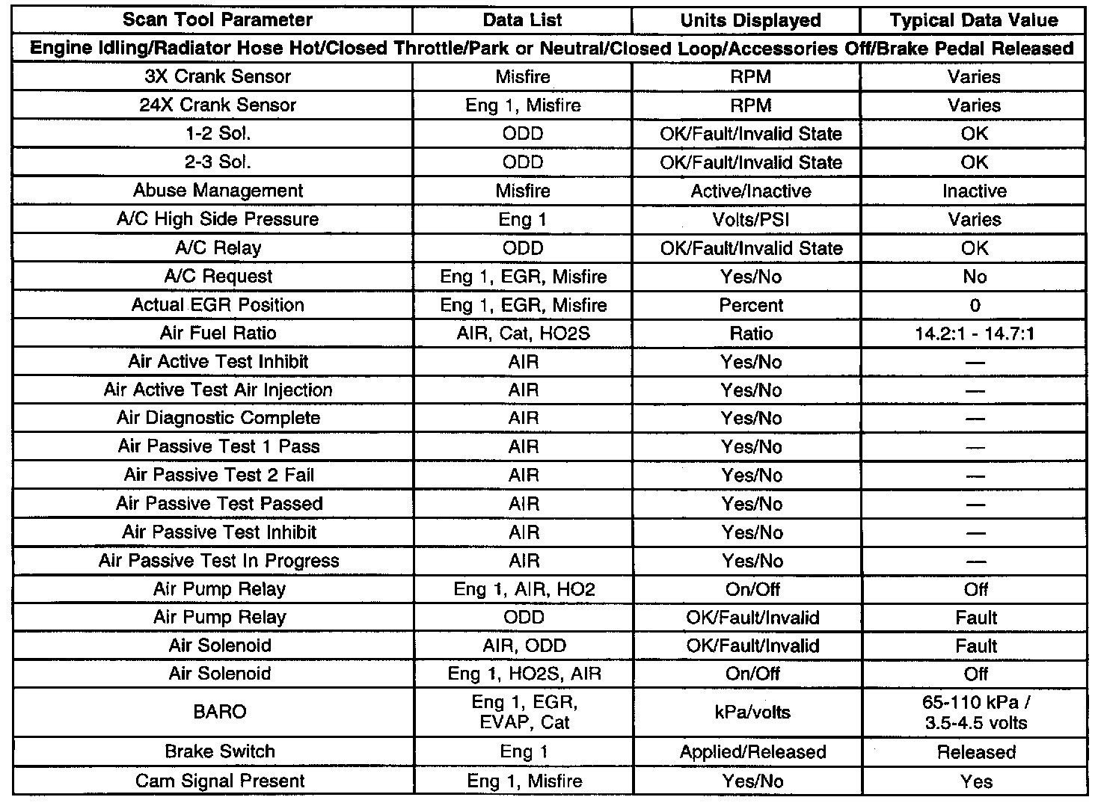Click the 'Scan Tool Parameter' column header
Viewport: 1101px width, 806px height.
[218, 20]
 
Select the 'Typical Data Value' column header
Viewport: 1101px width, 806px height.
[974, 20]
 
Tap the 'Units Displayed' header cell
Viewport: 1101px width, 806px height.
[750, 20]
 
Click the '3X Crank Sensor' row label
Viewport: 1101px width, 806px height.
[218, 76]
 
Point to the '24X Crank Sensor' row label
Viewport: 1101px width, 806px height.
[218, 105]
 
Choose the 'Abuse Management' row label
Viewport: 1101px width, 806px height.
[218, 191]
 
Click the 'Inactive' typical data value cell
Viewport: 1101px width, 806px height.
[974, 191]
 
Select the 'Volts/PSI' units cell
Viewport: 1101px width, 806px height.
[750, 219]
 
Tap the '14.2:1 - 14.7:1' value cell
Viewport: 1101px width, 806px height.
[974, 333]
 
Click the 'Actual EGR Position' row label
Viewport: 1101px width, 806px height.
[218, 305]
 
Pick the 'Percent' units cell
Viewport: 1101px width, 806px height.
[750, 305]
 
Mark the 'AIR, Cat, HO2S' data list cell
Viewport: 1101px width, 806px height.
[523, 333]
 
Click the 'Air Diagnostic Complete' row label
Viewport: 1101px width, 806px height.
[218, 418]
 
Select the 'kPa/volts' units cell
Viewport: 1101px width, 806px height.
[750, 712]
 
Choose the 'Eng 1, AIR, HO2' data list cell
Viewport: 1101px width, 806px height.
[524, 589]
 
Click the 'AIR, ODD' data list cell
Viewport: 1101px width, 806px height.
[524, 645]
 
